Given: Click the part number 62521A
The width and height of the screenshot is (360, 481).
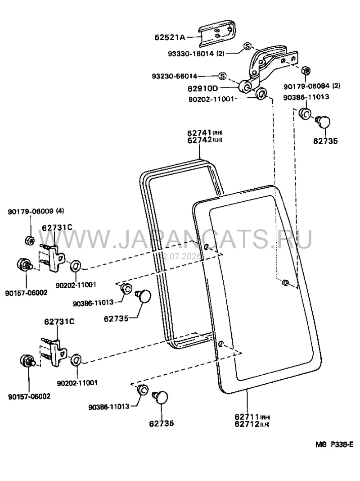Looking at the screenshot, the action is [x=170, y=37].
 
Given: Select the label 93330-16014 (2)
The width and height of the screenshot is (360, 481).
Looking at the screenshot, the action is [x=196, y=54].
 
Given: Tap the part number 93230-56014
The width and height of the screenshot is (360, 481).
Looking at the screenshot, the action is [x=174, y=76].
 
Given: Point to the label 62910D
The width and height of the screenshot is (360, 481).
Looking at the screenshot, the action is [x=202, y=89].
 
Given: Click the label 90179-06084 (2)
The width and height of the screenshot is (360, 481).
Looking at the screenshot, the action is [x=311, y=86].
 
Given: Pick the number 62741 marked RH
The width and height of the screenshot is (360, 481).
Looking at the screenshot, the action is [x=199, y=133].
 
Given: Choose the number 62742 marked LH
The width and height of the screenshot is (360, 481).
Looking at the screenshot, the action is [x=199, y=140].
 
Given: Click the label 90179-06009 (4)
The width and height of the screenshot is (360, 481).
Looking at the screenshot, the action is [x=36, y=211].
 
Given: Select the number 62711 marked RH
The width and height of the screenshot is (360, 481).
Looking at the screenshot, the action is [x=247, y=417].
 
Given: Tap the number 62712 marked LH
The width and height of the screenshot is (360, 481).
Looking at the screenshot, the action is [x=247, y=424].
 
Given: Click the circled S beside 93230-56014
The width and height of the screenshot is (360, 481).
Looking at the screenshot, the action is [x=223, y=76].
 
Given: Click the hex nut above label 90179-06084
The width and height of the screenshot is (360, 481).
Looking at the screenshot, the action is [x=306, y=71].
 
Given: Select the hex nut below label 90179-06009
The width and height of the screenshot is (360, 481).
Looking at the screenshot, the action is [x=29, y=240].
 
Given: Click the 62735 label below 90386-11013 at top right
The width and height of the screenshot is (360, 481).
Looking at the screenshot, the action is [x=325, y=141].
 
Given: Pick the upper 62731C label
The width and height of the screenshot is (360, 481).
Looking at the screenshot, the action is [x=57, y=227].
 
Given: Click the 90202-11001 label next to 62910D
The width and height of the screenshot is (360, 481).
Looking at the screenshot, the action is [x=211, y=100].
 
